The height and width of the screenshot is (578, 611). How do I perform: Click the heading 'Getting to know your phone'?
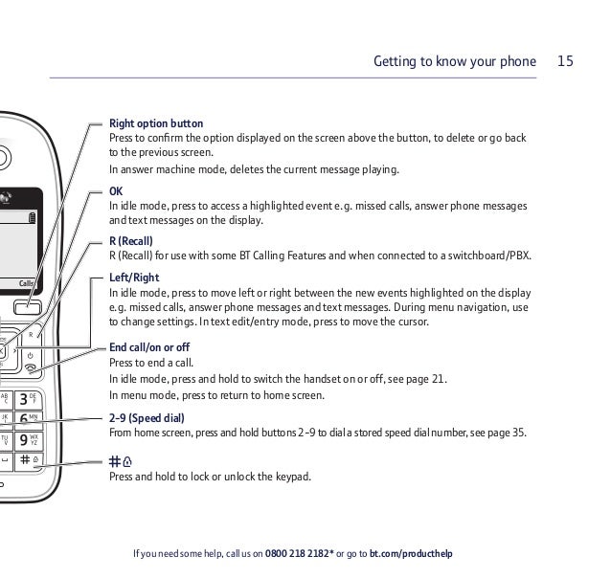454,61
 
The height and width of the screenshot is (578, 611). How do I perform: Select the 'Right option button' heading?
156,123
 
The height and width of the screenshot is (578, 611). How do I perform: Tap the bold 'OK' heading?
116,191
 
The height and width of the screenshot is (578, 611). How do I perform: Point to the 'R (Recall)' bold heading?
131,241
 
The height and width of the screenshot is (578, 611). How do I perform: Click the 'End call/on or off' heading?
149,346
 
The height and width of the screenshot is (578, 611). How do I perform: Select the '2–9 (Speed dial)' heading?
147,418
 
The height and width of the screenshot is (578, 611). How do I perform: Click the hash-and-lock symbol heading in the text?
121,461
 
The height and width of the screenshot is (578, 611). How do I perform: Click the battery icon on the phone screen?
34,218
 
